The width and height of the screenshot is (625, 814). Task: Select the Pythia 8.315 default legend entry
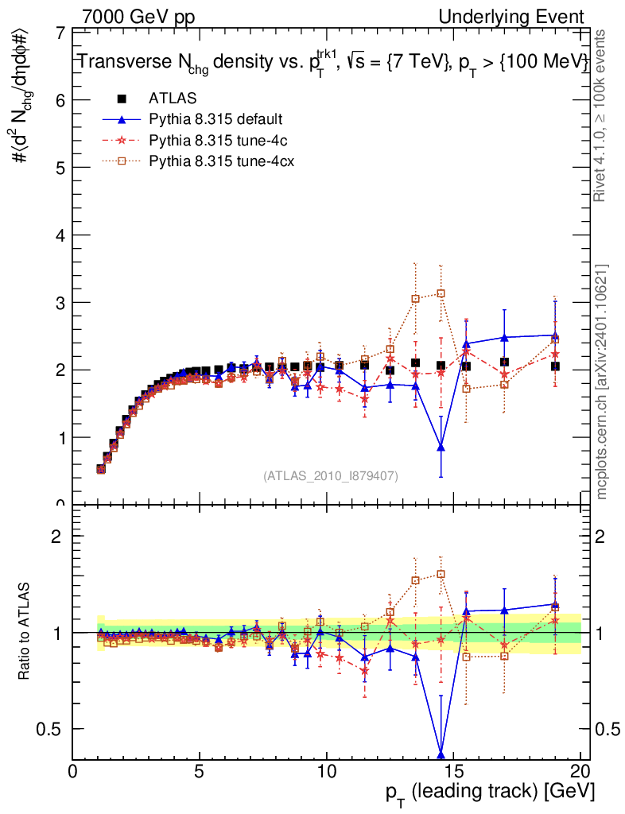click(215, 119)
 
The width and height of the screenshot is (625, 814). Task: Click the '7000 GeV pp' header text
click(138, 17)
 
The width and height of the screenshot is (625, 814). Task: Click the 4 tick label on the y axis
click(60, 235)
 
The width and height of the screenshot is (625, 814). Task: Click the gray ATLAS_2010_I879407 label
click(331, 475)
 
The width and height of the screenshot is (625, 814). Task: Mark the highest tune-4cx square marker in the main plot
click(441, 293)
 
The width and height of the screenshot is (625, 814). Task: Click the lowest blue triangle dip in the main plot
click(441, 448)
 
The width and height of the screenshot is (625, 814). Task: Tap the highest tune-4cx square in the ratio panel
click(441, 574)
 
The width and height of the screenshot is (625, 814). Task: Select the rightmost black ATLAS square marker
click(555, 366)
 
